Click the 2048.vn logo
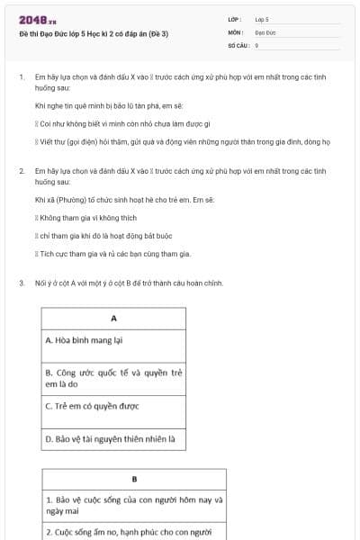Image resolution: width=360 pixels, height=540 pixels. pos(39,19)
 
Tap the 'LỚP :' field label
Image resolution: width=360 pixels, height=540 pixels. pos(235,19)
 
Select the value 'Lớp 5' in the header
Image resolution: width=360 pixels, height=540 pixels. pos(262,19)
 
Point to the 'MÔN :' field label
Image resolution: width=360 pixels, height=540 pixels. pos(235,31)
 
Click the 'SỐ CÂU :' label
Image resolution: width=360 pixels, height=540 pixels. pos(238,44)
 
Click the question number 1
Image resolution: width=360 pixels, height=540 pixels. pos(21,77)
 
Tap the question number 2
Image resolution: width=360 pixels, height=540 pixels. pos(21,170)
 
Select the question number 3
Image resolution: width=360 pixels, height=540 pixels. pos(21,283)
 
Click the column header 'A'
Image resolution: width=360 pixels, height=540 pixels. pos(114,319)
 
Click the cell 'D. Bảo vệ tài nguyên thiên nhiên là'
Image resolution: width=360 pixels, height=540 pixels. pos(114,439)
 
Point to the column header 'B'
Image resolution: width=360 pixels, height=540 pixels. pos(134,479)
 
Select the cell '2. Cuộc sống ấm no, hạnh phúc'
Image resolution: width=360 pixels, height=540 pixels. pos(134,531)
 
